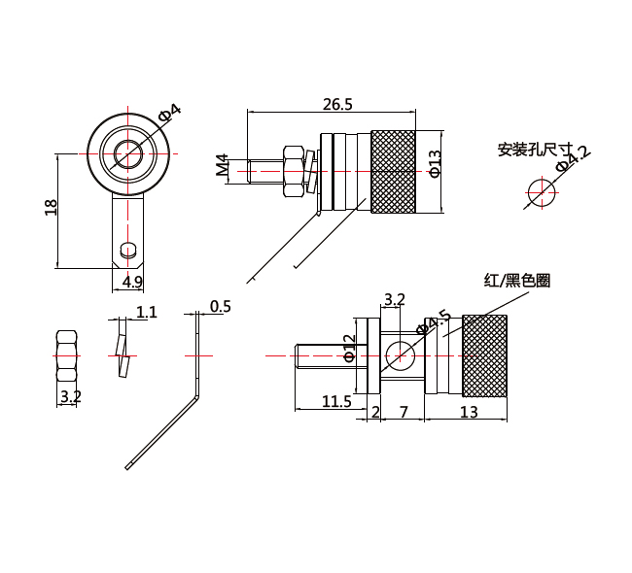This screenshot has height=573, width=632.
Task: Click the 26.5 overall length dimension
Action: tap(338, 104)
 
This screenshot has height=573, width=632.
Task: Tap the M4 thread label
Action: tap(223, 167)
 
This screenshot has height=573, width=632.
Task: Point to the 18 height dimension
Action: tap(52, 207)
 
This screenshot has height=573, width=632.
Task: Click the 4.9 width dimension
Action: tap(132, 282)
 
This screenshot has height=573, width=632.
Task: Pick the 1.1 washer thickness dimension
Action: tap(147, 312)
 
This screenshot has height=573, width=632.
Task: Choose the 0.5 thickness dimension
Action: tap(220, 307)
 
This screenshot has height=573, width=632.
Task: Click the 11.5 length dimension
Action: tap(335, 400)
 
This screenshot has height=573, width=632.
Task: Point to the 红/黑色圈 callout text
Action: tap(517, 281)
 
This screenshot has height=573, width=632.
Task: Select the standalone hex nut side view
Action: tap(67, 356)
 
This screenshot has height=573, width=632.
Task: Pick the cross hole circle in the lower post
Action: tap(398, 355)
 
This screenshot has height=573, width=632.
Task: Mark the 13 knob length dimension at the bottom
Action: tap(468, 412)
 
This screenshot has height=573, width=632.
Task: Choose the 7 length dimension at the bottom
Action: tap(403, 412)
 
